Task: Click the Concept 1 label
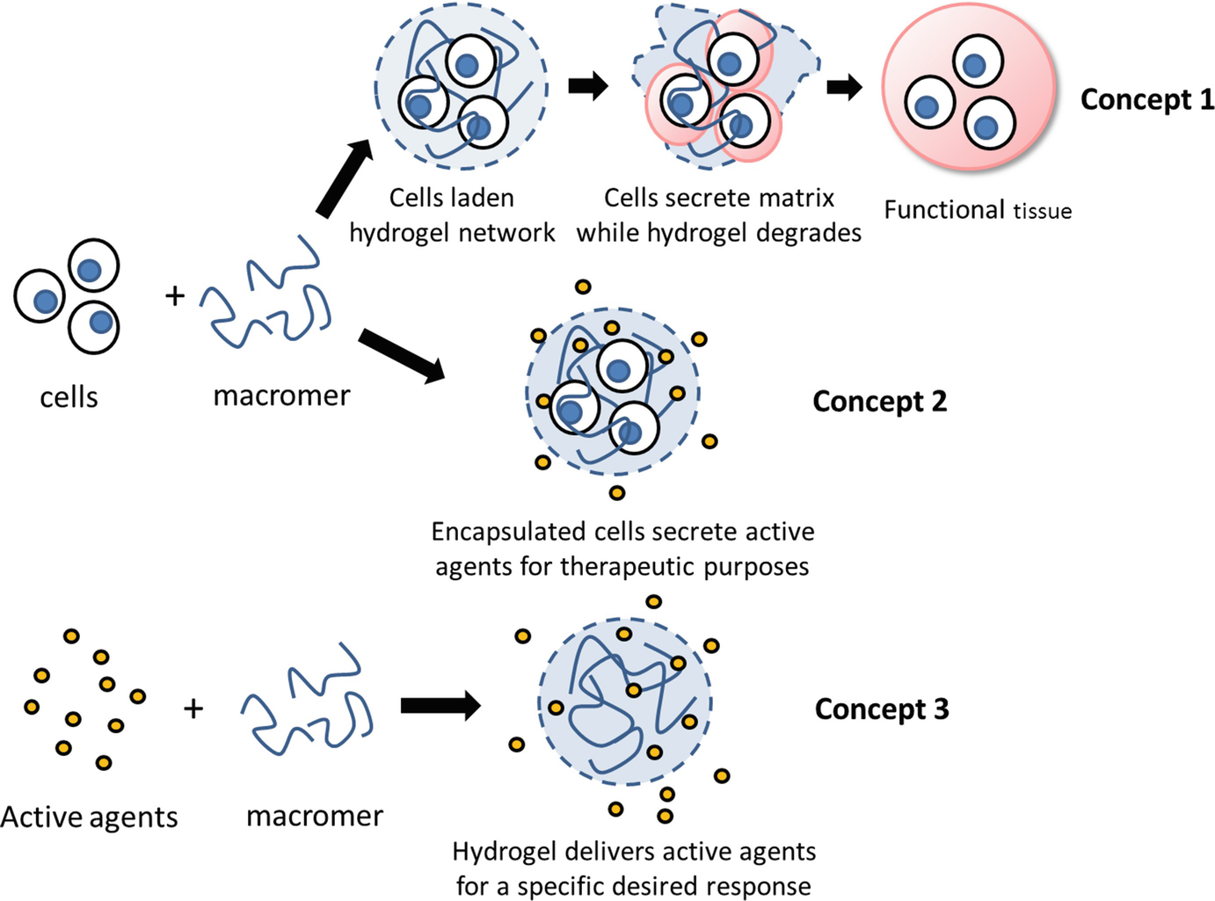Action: pos(1146,99)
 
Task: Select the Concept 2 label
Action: pos(879,402)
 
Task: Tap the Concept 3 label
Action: pos(881,708)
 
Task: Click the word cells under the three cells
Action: pos(69,397)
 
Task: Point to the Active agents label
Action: pos(89,817)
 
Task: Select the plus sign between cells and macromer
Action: pos(175,295)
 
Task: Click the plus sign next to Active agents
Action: pos(193,708)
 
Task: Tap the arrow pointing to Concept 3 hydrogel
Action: pos(440,705)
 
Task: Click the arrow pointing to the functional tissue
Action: pos(844,86)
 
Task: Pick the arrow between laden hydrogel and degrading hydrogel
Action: pos(588,85)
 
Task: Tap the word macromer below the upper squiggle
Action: pos(281,396)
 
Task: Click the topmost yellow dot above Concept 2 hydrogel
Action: pos(583,287)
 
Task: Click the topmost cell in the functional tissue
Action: pos(978,62)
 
